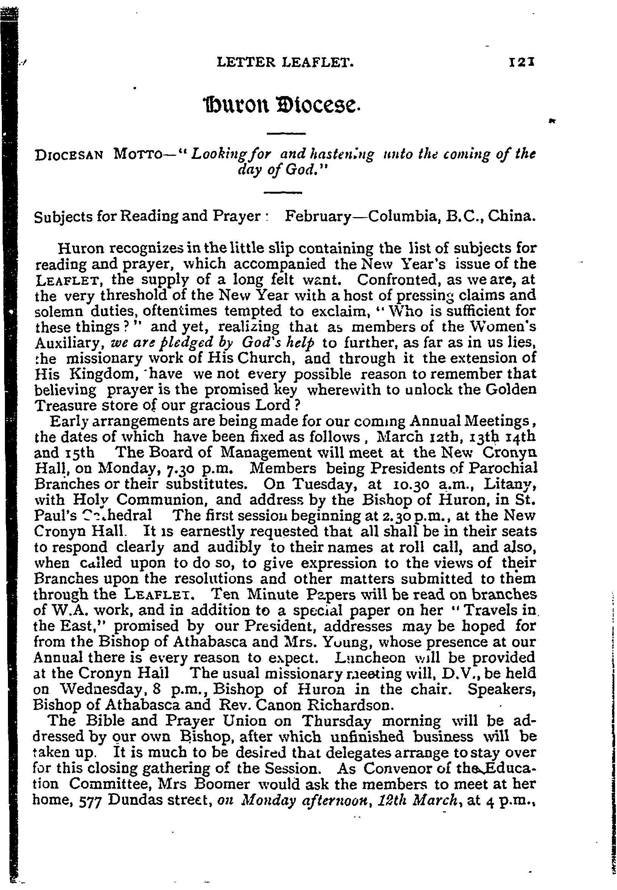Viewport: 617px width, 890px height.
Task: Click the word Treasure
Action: click(x=65, y=405)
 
